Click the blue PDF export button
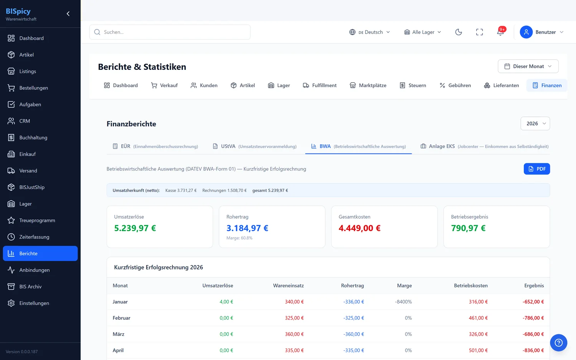[537, 169]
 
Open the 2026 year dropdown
[535, 123]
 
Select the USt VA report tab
[255, 146]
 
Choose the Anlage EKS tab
[484, 146]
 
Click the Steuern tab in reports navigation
[413, 85]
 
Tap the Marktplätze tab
[368, 85]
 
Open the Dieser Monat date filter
[528, 66]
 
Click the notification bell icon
[500, 32]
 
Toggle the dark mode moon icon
[458, 32]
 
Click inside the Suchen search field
[170, 32]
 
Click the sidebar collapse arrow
[68, 13]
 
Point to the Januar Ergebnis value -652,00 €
[533, 302]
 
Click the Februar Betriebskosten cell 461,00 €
[478, 318]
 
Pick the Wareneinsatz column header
[288, 286]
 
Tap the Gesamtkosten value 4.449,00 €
[359, 228]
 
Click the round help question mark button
[558, 342]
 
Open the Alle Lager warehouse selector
[422, 32]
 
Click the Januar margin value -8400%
[403, 302]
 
